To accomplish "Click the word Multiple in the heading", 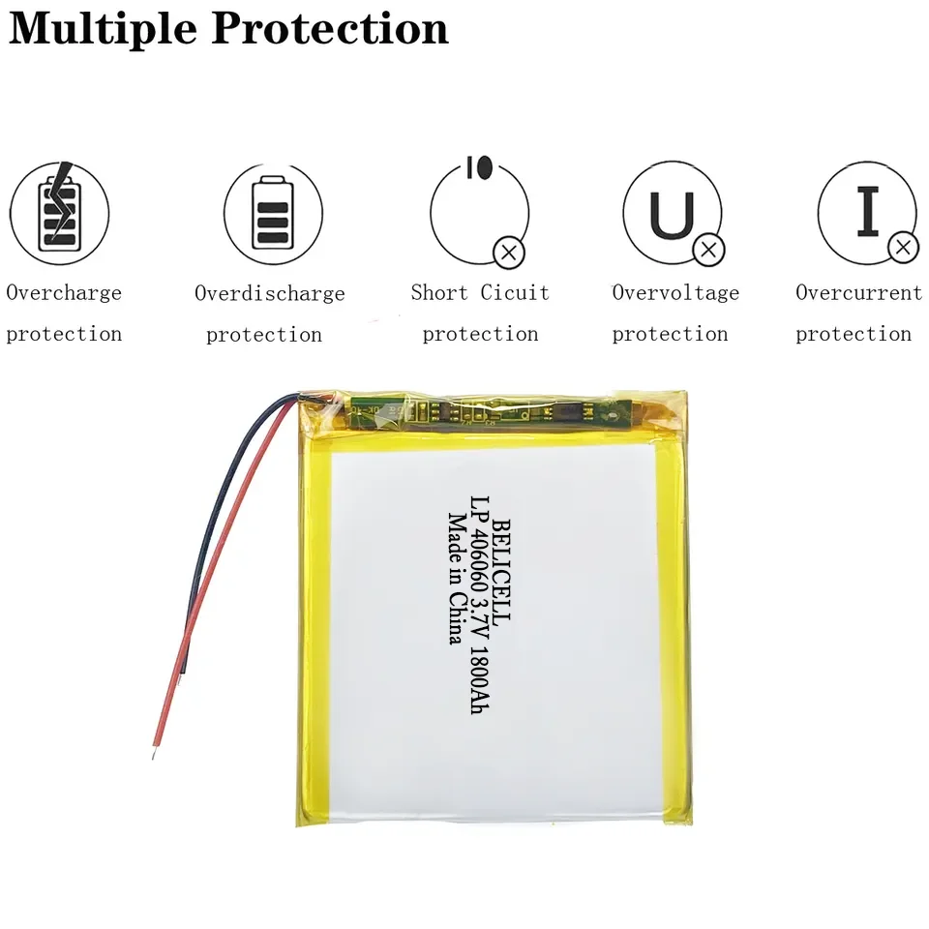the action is tap(102, 28).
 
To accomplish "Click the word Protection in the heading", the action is tap(329, 28).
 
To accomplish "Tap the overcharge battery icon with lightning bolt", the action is tap(59, 212).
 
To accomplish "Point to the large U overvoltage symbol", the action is tap(671, 215).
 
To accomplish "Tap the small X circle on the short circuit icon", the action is tap(509, 253).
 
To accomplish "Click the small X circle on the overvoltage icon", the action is tap(709, 250).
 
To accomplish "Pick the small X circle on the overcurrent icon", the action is tap(903, 248).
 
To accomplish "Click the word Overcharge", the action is tap(64, 292).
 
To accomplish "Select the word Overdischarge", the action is tap(269, 293).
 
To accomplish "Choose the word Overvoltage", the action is tap(675, 292).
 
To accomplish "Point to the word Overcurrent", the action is tap(858, 292).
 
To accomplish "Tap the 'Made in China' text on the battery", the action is tap(453, 578).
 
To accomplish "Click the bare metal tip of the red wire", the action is tap(155, 749).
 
